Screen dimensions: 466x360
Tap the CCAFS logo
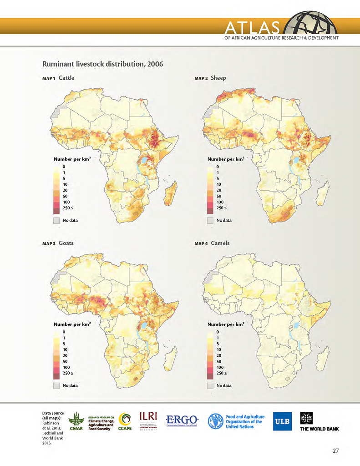pos(126,422)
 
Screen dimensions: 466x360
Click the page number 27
pos(335,451)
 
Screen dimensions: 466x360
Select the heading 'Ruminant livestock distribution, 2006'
pos(102,64)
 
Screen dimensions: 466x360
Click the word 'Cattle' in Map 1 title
pos(66,78)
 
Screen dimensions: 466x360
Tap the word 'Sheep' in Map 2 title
pos(218,78)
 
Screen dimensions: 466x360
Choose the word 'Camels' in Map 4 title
pos(220,243)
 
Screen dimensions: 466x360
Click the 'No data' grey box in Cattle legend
pos(57,220)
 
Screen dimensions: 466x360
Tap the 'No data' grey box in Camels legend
pos(210,385)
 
